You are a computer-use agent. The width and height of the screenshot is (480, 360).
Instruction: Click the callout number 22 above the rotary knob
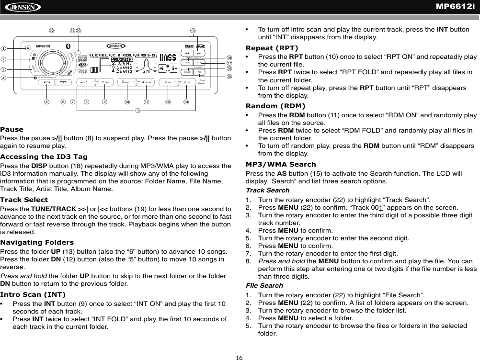pos(52,32)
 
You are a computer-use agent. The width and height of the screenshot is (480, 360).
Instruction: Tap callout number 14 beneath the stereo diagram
pos(138,111)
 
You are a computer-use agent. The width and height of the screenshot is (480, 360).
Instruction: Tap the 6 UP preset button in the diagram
pos(187,82)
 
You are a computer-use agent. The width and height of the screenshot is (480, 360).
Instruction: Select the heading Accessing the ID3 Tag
pos(44,157)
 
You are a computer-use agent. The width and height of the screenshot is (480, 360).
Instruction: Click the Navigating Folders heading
pos(37,242)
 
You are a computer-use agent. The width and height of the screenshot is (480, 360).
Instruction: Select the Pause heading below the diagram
pos(11,130)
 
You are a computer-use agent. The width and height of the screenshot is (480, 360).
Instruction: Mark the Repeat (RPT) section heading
pos(272,48)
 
